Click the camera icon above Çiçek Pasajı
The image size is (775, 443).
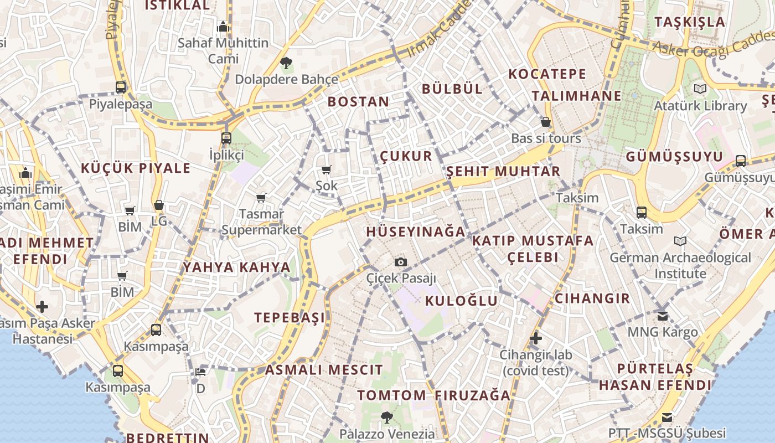point(401,262)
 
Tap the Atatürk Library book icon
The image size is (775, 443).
point(700,89)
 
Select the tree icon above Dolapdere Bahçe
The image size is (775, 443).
point(286,63)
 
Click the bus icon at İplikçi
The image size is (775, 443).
point(226,138)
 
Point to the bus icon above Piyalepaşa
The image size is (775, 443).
point(121,87)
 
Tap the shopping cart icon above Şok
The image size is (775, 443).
point(327,169)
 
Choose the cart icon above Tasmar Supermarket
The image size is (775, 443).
point(261,198)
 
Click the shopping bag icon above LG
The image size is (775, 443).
point(159,205)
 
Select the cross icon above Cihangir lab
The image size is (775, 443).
point(535,338)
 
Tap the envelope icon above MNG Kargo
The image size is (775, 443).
point(663,316)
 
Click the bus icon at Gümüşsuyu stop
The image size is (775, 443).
point(741,161)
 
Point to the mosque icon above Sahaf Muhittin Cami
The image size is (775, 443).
point(223,27)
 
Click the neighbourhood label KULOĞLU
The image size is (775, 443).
point(462,301)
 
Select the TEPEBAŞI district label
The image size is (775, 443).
point(290,317)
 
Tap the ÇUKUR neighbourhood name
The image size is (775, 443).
point(406,156)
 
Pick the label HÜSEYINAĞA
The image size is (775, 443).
point(416,231)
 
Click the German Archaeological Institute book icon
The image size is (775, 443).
point(680,241)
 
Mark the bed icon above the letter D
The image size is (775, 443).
point(200,372)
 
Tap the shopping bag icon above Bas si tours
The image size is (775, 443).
point(546,122)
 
